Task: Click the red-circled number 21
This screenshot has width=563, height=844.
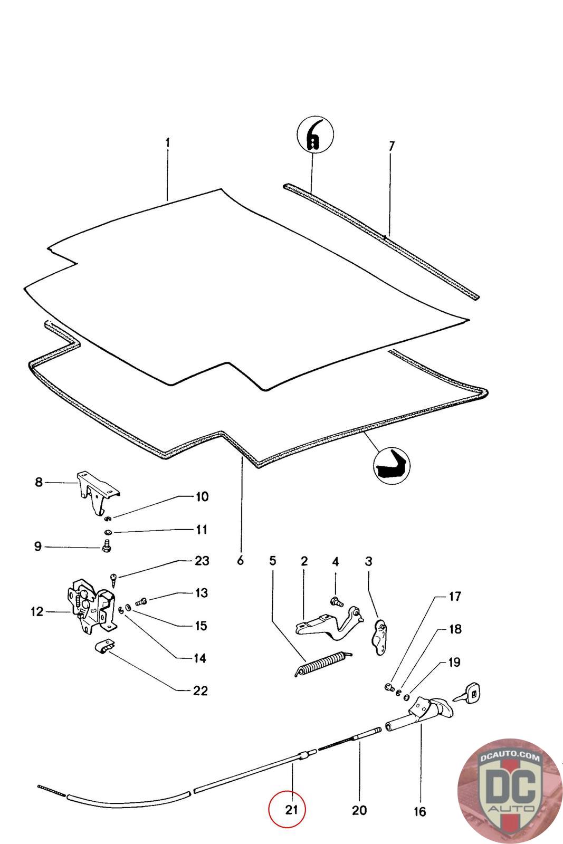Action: click(x=287, y=809)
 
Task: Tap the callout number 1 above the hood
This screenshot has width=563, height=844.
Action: click(x=167, y=143)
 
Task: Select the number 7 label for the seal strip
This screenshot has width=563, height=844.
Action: click(x=391, y=146)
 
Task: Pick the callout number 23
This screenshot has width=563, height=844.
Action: click(x=202, y=561)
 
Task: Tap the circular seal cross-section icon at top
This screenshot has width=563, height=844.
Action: click(x=315, y=136)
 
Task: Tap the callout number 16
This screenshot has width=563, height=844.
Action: click(x=419, y=812)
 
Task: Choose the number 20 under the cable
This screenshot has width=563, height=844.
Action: click(x=359, y=810)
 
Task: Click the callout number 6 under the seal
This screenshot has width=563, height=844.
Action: click(x=241, y=561)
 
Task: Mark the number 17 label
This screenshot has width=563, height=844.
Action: click(x=455, y=597)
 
